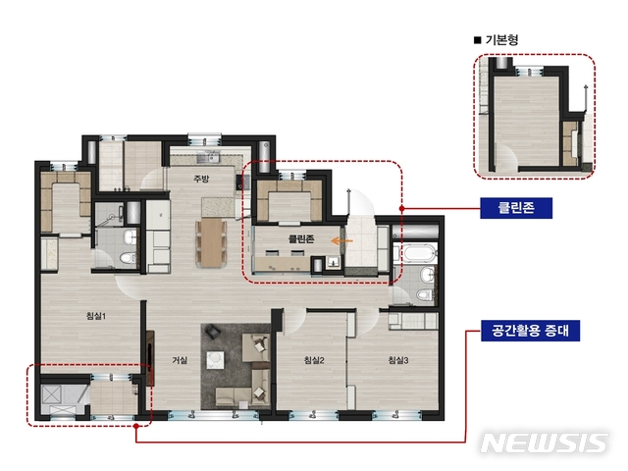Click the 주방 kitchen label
[x=201, y=179]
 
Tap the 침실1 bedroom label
[x=96, y=316]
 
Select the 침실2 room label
[x=314, y=360]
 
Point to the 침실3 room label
[x=398, y=360]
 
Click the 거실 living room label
[x=180, y=360]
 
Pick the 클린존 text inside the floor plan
[x=301, y=239]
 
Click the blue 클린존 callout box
[x=516, y=208]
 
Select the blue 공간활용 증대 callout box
[x=530, y=331]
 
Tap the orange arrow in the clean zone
[x=342, y=241]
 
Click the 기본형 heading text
[x=501, y=39]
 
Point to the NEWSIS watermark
[x=545, y=443]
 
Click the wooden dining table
[x=212, y=242]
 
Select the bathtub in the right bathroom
[x=419, y=254]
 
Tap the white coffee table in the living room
[x=216, y=360]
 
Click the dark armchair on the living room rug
[x=212, y=332]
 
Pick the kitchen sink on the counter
[x=208, y=158]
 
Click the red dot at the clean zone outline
[x=401, y=208]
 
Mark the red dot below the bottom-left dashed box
[x=136, y=426]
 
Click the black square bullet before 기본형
[x=477, y=40]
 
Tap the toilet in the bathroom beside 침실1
[x=128, y=257]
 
